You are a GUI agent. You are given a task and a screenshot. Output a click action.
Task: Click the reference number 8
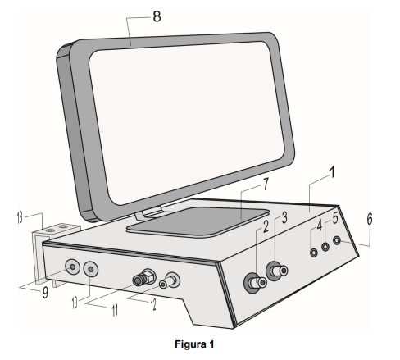[157, 16]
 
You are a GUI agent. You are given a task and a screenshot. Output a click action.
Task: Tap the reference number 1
[332, 172]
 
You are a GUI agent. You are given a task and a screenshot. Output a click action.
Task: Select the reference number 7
[266, 184]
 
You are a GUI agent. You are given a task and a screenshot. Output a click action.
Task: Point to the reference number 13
[20, 218]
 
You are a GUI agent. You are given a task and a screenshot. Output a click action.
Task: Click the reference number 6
[370, 219]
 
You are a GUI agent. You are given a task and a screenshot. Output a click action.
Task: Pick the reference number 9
[45, 292]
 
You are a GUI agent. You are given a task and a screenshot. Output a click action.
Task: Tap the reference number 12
[153, 305]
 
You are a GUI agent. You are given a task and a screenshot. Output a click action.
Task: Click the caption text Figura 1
[194, 344]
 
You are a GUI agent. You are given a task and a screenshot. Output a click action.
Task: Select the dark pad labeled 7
[198, 221]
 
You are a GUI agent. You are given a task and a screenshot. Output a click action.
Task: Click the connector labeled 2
[255, 283]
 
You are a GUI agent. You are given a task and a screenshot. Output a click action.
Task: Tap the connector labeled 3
[276, 271]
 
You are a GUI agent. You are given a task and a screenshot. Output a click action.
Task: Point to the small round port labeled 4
[314, 253]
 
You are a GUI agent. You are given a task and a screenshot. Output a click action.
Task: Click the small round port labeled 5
[325, 247]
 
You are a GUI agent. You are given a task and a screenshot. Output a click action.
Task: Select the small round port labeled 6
[337, 240]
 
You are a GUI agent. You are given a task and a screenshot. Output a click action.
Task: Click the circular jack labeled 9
[72, 267]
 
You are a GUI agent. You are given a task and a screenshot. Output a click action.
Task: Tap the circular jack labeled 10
[91, 270]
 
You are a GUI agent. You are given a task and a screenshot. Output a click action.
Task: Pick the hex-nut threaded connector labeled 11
[144, 276]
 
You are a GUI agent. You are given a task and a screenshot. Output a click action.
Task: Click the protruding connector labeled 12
[170, 280]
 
